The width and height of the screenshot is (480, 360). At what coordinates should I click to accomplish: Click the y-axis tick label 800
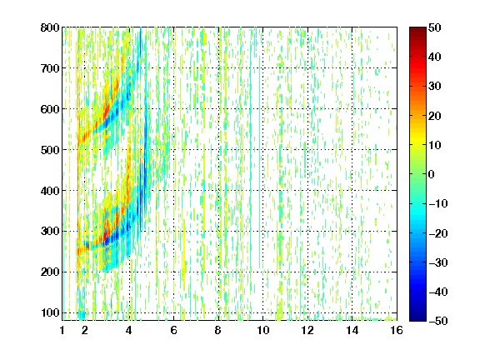[50, 27]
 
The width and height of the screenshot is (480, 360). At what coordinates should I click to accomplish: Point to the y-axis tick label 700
[50, 68]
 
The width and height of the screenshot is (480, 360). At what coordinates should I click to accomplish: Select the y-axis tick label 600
[50, 109]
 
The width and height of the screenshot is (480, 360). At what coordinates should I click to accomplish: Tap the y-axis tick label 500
[50, 150]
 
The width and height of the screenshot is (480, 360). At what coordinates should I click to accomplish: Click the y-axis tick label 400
[50, 191]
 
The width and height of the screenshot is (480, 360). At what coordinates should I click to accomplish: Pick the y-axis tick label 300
[50, 232]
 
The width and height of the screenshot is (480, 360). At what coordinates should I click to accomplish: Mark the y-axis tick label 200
[50, 272]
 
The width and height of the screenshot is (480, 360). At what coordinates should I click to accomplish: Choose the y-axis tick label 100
[50, 312]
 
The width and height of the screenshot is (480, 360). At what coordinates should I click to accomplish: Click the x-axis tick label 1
[62, 330]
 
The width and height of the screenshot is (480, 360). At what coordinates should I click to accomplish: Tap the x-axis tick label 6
[174, 330]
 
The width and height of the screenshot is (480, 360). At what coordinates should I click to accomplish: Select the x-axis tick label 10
[263, 330]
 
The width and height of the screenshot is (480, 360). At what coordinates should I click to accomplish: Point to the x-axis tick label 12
[307, 330]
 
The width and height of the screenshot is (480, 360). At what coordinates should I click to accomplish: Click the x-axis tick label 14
[352, 330]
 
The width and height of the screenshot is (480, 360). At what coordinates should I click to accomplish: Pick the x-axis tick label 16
[397, 330]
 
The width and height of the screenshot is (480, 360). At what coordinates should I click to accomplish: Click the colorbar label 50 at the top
[435, 27]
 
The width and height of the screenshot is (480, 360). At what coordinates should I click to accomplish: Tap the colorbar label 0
[432, 174]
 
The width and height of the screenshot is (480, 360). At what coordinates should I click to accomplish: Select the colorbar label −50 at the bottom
[438, 321]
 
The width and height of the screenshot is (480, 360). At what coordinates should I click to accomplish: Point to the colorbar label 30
[435, 87]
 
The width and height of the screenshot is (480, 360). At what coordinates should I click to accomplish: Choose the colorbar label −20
[438, 233]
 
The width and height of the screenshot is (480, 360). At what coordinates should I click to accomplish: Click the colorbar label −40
[438, 292]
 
